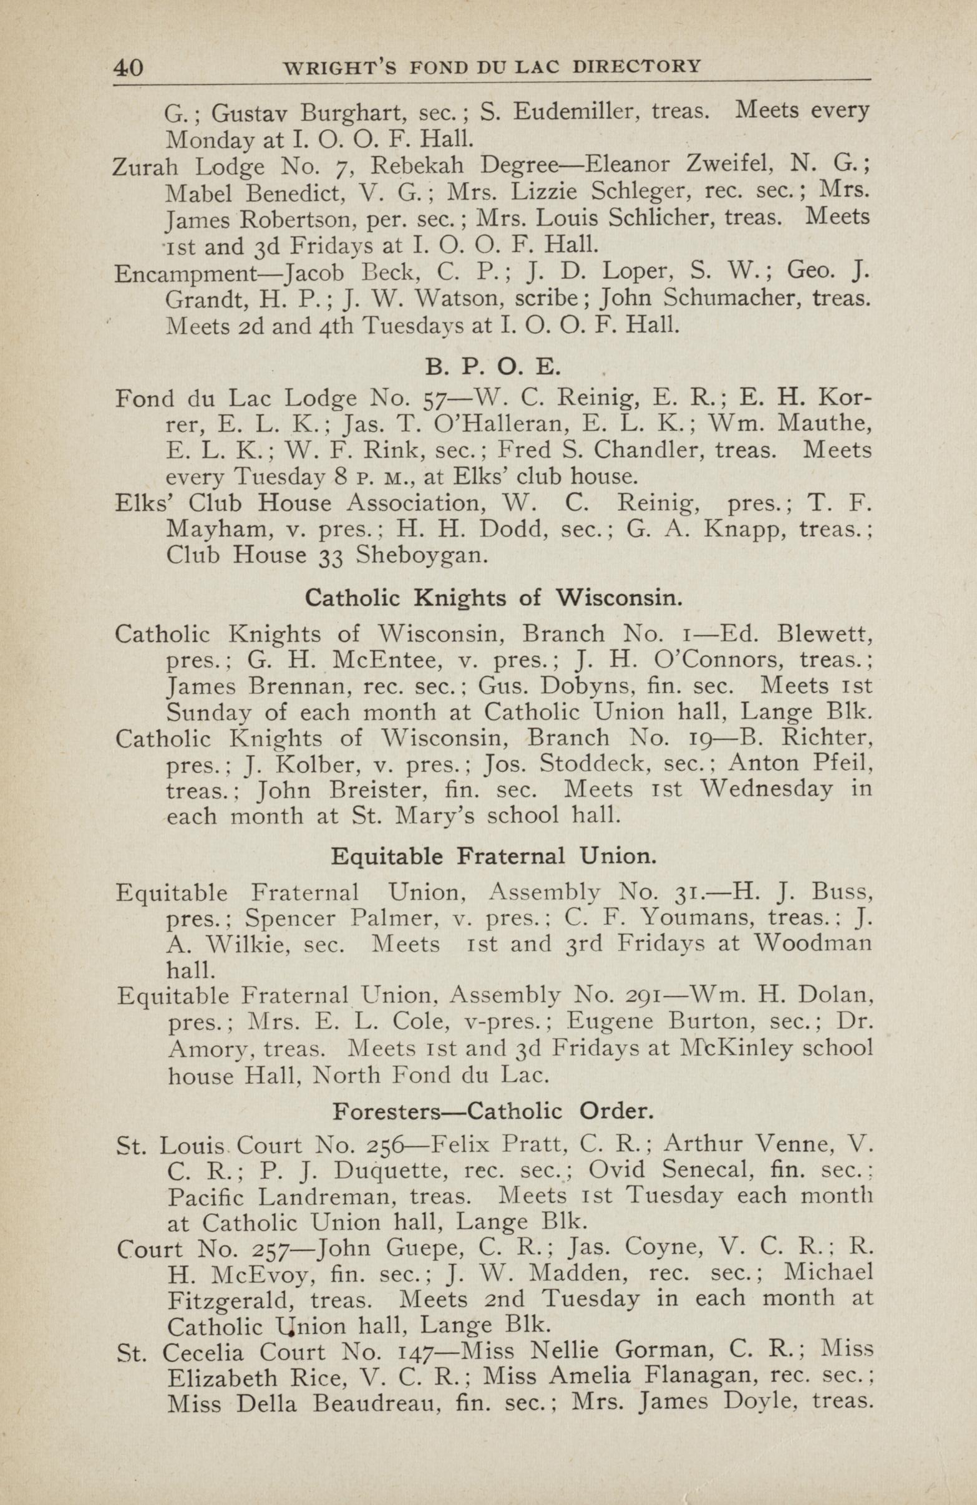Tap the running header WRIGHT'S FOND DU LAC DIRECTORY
tap(492, 66)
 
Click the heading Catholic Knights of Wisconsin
tap(493, 598)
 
